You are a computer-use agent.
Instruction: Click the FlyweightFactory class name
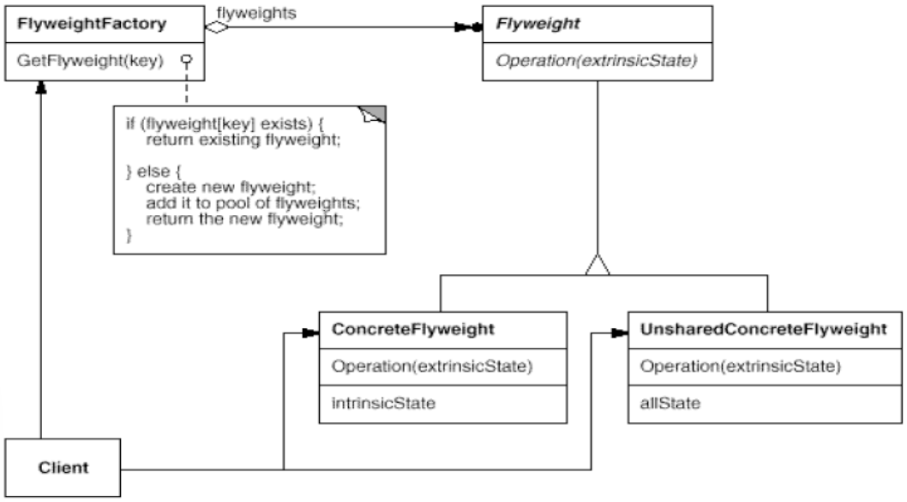tap(92, 24)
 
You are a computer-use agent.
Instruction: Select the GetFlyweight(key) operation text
tap(90, 61)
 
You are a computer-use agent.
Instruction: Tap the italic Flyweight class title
tap(538, 24)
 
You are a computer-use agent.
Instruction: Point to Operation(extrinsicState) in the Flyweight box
tap(597, 61)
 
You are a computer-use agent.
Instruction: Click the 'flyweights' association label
tap(256, 13)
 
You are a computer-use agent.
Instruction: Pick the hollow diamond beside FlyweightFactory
tap(216, 27)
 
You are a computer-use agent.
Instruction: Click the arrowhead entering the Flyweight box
tap(469, 27)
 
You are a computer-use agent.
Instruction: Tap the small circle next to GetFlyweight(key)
tap(186, 59)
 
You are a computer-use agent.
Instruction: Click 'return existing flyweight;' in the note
tap(243, 140)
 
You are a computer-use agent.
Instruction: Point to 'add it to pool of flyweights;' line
tap(253, 203)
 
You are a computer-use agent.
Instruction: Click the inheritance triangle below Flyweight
tap(598, 265)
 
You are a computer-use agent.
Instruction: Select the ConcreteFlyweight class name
tap(413, 329)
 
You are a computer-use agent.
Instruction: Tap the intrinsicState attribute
tap(383, 403)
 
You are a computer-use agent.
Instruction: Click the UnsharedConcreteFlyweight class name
tap(763, 329)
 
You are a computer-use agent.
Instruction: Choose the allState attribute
tap(670, 403)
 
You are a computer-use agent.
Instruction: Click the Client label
tap(63, 467)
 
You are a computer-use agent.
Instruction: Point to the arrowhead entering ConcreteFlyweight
tap(310, 333)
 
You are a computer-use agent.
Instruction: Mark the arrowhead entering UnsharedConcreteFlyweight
tap(620, 333)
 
